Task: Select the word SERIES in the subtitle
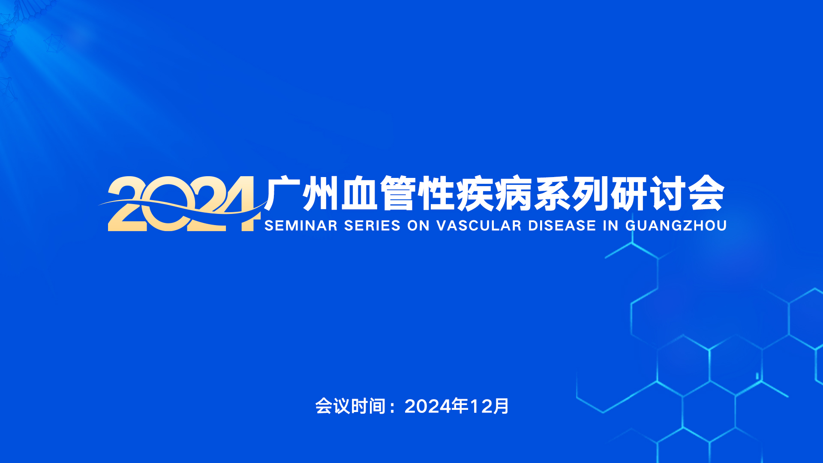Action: [x=372, y=225]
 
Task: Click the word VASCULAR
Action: [x=479, y=225]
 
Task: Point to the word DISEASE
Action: [x=562, y=225]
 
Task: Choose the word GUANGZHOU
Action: [x=676, y=225]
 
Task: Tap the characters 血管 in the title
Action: [x=377, y=193]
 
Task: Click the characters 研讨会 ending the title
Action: [x=667, y=193]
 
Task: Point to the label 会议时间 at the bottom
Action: [x=351, y=406]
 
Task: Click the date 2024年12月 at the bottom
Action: [x=457, y=406]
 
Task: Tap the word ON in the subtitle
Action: [x=418, y=225]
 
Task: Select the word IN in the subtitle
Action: [x=611, y=225]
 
